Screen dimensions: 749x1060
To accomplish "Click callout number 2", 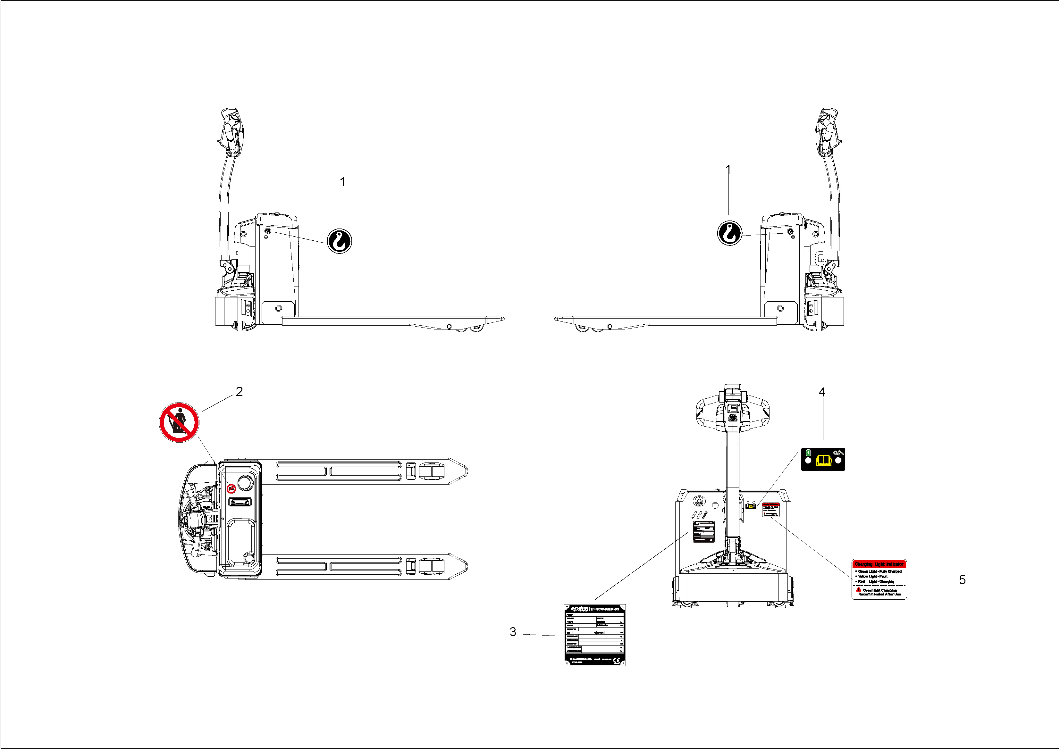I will click(239, 391).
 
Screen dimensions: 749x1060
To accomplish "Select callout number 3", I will click(512, 632).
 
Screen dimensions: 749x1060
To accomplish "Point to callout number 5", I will click(962, 580).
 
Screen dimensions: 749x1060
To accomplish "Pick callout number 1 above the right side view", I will click(728, 170).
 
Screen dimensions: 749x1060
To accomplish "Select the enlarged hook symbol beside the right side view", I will click(730, 233).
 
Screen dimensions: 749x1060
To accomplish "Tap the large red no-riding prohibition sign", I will click(179, 422).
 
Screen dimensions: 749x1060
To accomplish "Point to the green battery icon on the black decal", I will click(808, 453).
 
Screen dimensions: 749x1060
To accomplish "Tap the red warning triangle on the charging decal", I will click(858, 589).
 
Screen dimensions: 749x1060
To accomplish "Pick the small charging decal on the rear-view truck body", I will click(770, 510).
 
